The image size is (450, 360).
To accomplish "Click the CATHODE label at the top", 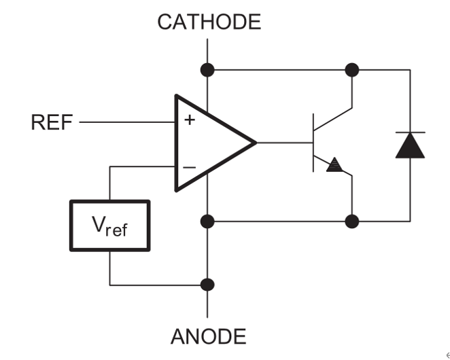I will point(209,22).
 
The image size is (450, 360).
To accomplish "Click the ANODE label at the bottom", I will point(209,336).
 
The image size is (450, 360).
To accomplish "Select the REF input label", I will point(52,123).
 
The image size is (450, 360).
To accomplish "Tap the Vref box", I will point(109,226).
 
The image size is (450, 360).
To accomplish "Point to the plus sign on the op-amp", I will point(190,121).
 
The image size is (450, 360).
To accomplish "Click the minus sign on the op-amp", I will point(190,166).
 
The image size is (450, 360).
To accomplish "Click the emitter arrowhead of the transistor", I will point(334,165).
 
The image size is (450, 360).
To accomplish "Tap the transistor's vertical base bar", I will point(313,143).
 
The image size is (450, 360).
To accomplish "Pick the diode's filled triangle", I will point(410,147).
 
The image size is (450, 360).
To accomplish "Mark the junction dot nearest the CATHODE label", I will point(208,69).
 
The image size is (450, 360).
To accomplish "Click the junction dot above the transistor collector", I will point(352,69).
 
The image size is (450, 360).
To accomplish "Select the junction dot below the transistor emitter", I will point(352,221).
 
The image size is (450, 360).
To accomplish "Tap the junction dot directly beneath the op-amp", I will point(208,221).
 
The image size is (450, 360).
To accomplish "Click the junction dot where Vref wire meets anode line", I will point(208,284).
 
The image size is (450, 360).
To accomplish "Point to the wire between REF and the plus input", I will point(126,123).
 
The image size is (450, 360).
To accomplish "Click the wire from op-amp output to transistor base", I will point(284,143).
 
